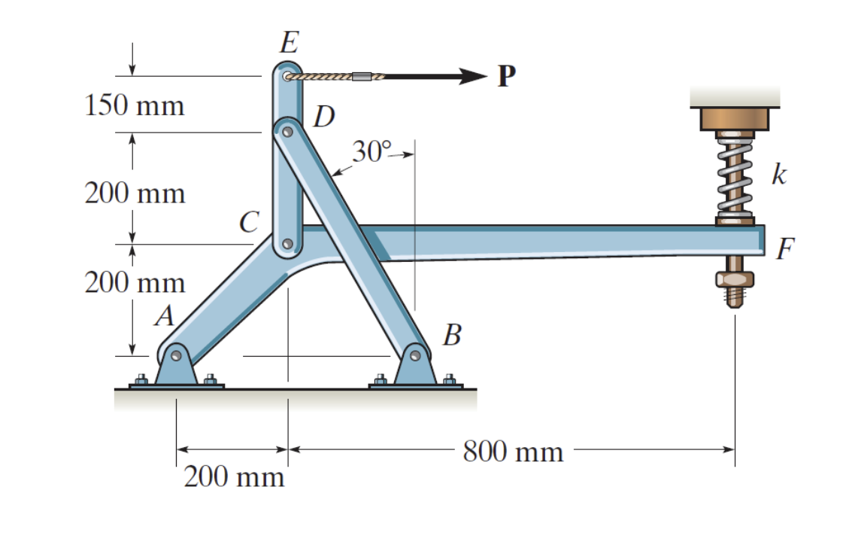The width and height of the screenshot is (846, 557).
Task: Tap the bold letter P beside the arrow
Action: [506, 77]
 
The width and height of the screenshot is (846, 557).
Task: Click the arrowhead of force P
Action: [474, 76]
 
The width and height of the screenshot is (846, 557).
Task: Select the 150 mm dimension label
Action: [135, 105]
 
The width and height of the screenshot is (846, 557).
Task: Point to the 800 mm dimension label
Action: [513, 452]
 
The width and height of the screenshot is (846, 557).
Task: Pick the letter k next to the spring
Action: [780, 175]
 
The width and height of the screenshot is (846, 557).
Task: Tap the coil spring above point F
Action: [735, 178]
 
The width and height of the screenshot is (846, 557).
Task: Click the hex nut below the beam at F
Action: [735, 281]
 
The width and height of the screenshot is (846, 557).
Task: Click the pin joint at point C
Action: [287, 244]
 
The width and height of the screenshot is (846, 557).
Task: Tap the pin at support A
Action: [176, 357]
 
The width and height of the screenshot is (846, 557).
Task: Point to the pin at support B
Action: [414, 356]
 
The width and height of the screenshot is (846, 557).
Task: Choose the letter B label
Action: [452, 334]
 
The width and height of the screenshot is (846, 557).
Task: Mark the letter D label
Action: [325, 117]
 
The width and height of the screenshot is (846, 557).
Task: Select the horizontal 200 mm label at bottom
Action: [235, 476]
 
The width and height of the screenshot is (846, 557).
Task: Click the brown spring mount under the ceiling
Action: [735, 118]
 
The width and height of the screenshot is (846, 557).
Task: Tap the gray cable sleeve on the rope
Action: [362, 76]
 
